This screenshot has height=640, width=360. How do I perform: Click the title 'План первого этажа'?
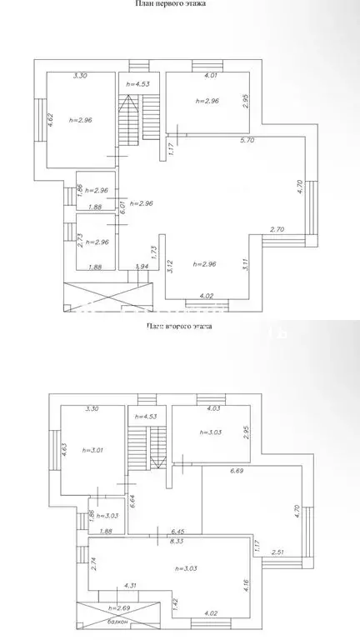(171, 4)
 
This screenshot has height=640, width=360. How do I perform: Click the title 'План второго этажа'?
(178, 327)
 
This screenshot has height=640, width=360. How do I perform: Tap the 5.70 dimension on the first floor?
(247, 141)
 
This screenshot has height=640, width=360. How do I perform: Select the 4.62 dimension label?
(50, 119)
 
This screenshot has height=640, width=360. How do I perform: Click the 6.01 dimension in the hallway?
(122, 204)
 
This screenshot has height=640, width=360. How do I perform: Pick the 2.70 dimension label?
(277, 228)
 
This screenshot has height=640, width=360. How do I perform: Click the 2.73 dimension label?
(69, 241)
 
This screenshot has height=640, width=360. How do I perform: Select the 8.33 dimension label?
(177, 540)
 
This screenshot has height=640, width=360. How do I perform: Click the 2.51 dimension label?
(277, 551)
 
